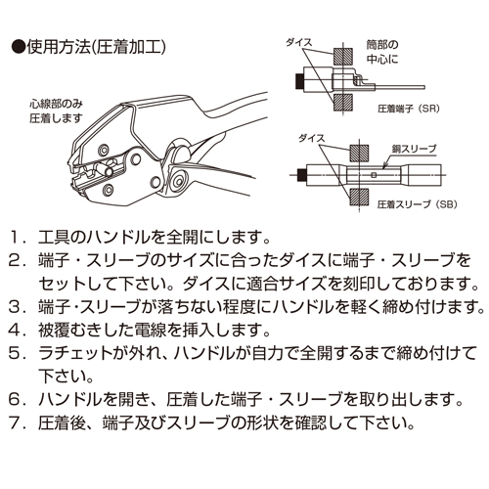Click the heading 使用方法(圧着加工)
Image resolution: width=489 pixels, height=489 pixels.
pyautogui.click(x=97, y=48)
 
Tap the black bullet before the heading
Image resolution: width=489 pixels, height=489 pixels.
pyautogui.click(x=19, y=48)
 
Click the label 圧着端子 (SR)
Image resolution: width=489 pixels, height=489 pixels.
pyautogui.click(x=409, y=109)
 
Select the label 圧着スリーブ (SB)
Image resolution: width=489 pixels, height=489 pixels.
pyautogui.click(x=418, y=204)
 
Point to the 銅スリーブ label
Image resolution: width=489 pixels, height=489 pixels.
pyautogui.click(x=414, y=149)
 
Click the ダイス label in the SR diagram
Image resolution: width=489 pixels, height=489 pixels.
pyautogui.click(x=299, y=42)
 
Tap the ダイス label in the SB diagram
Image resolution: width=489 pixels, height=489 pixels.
pyautogui.click(x=312, y=138)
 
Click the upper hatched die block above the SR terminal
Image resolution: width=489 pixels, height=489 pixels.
pyautogui.click(x=343, y=56)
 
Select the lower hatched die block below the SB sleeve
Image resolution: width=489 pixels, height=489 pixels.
pyautogui.click(x=359, y=197)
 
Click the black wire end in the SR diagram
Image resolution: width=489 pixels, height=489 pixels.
pyautogui.click(x=298, y=81)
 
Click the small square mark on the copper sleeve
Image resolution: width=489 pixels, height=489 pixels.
pyautogui.click(x=374, y=175)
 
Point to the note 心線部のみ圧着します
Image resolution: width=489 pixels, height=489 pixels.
pyautogui.click(x=56, y=111)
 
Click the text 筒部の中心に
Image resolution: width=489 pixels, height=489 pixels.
pyautogui.click(x=382, y=52)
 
